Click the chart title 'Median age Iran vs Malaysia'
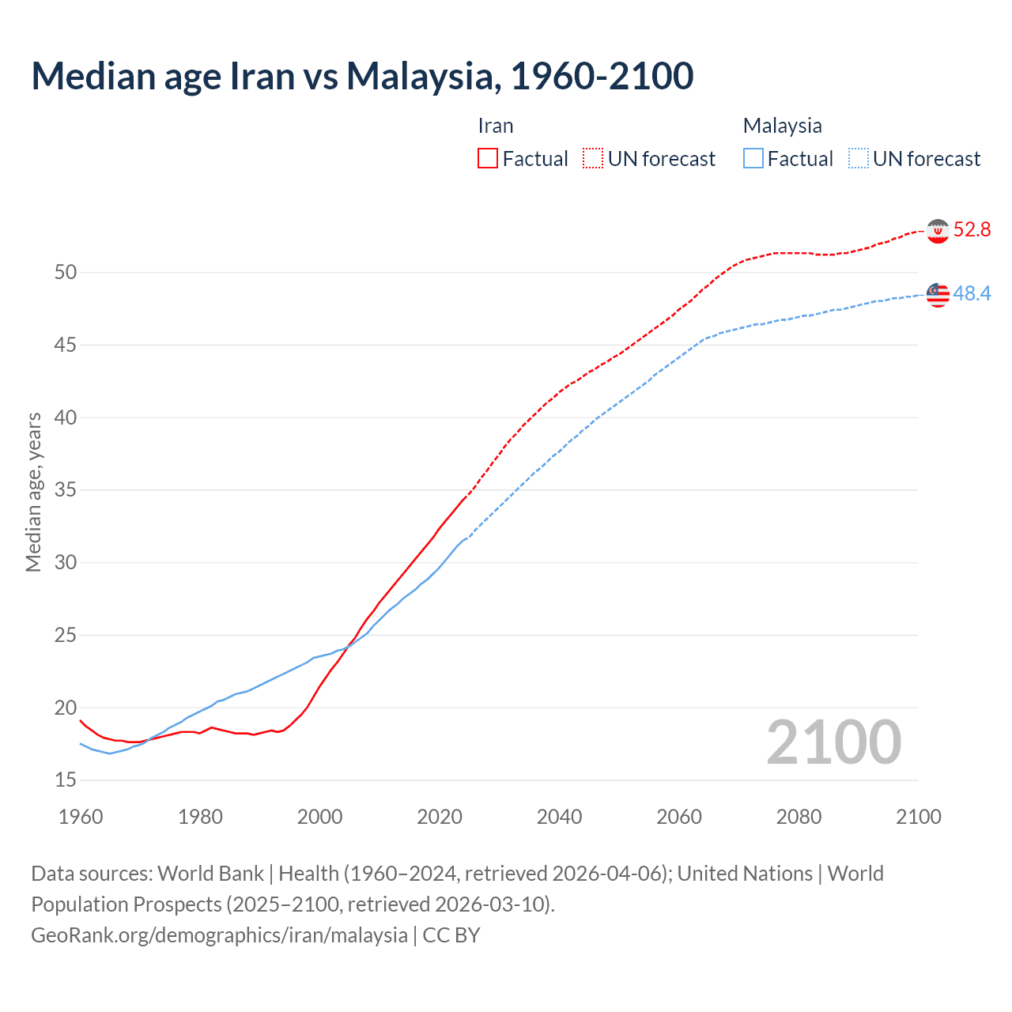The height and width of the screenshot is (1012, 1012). (x=362, y=76)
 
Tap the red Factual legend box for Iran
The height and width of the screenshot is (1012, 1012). (x=488, y=159)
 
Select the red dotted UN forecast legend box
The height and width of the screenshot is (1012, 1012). (x=593, y=159)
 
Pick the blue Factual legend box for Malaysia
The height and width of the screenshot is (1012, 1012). (x=753, y=159)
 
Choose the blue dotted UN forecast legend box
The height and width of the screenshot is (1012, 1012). (x=858, y=159)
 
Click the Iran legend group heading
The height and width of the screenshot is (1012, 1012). (x=496, y=126)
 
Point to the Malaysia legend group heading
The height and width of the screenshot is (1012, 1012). (x=782, y=126)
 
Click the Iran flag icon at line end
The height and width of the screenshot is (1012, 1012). (x=938, y=231)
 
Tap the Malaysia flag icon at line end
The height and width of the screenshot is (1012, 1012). (x=938, y=294)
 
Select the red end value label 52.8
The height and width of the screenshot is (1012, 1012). (x=972, y=230)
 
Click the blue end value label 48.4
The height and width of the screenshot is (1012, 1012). (x=972, y=294)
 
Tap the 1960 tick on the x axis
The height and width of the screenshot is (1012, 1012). (x=81, y=817)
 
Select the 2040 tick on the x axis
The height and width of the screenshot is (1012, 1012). (x=559, y=817)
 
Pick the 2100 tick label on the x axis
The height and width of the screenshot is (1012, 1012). (x=918, y=817)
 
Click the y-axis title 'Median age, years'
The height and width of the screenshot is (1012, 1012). (x=33, y=492)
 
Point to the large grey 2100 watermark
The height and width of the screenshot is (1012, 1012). (x=833, y=742)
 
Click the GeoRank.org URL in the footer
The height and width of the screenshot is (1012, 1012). (x=219, y=935)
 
